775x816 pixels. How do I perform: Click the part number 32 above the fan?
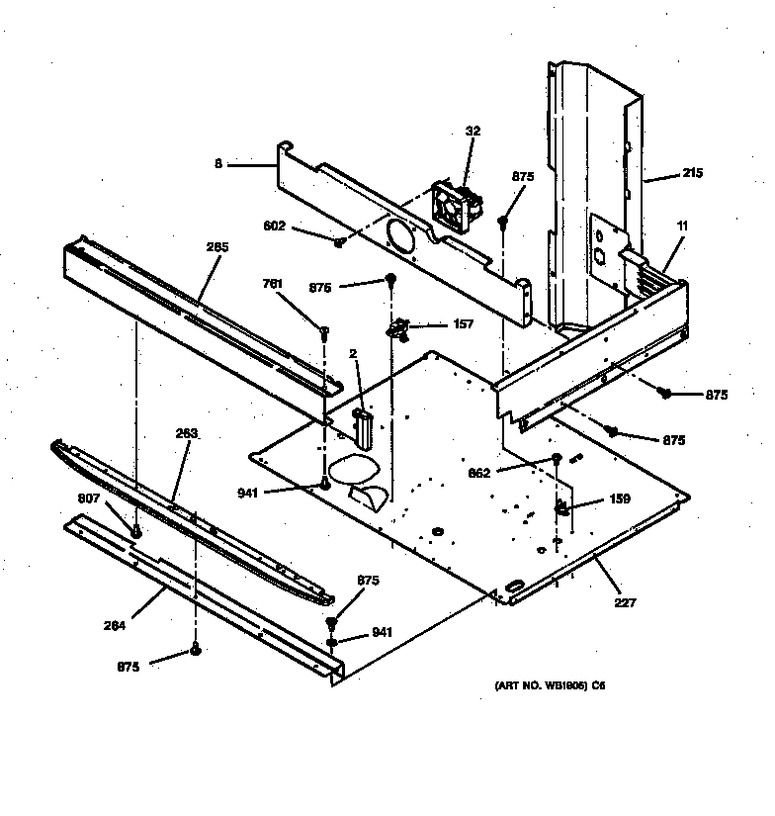pyautogui.click(x=473, y=131)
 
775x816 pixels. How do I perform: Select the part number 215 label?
pyautogui.click(x=691, y=175)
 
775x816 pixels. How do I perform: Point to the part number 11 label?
pyautogui.click(x=681, y=227)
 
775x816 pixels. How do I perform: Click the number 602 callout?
pyautogui.click(x=275, y=226)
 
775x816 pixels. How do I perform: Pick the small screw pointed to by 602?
pyautogui.click(x=339, y=240)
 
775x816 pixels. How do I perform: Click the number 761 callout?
pyautogui.click(x=272, y=284)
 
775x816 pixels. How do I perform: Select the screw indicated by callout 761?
pyautogui.click(x=324, y=331)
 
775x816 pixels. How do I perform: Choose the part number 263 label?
pyautogui.click(x=187, y=433)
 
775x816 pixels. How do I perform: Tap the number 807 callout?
pyautogui.click(x=90, y=498)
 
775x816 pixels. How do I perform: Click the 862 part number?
pyautogui.click(x=478, y=473)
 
